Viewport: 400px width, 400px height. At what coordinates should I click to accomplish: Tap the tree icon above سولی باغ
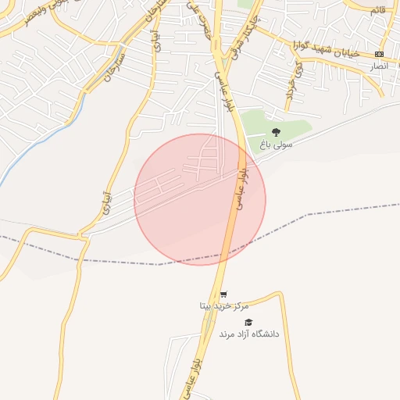click(x=275, y=132)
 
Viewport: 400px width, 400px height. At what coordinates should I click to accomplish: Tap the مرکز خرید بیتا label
click(x=223, y=306)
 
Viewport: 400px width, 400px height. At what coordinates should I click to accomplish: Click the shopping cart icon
click(x=224, y=295)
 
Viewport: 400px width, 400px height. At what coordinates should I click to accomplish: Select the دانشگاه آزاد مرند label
click(x=248, y=334)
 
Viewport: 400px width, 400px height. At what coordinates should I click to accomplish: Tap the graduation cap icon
click(x=248, y=322)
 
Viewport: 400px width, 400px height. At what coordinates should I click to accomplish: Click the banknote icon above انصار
click(x=379, y=54)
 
